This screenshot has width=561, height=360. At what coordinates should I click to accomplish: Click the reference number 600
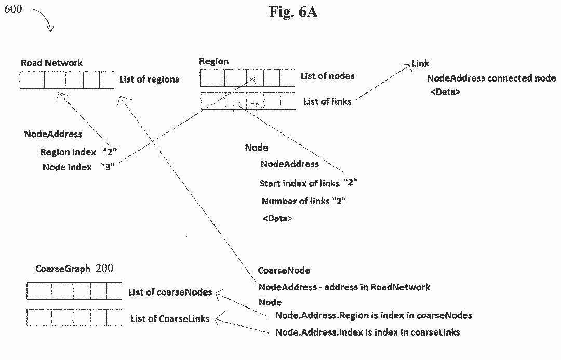(13, 9)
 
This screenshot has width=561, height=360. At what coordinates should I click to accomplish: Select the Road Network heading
(51, 63)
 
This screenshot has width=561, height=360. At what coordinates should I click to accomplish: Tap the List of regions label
(149, 79)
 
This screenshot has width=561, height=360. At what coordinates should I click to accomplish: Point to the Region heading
(213, 62)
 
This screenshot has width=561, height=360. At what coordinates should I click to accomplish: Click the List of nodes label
(327, 76)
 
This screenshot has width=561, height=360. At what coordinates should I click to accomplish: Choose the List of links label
(327, 102)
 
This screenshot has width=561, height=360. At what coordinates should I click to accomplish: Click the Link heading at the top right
(420, 63)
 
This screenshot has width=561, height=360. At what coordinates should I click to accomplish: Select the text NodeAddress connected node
(491, 78)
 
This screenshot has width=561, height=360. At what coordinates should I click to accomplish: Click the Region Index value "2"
(110, 152)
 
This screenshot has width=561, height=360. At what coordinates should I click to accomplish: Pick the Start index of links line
(308, 183)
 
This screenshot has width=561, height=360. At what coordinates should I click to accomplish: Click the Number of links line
(303, 201)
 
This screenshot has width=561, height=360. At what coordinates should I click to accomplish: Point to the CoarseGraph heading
(63, 269)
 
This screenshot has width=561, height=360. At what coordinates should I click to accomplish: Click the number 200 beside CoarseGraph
(104, 269)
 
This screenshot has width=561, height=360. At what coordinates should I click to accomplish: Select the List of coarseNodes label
(170, 292)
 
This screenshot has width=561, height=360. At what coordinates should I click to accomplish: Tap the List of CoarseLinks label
(170, 318)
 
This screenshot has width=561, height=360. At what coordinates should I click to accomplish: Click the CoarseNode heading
(284, 271)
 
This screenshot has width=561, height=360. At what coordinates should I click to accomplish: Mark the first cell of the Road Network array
(32, 81)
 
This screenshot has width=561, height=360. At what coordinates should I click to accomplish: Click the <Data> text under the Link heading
(445, 92)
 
